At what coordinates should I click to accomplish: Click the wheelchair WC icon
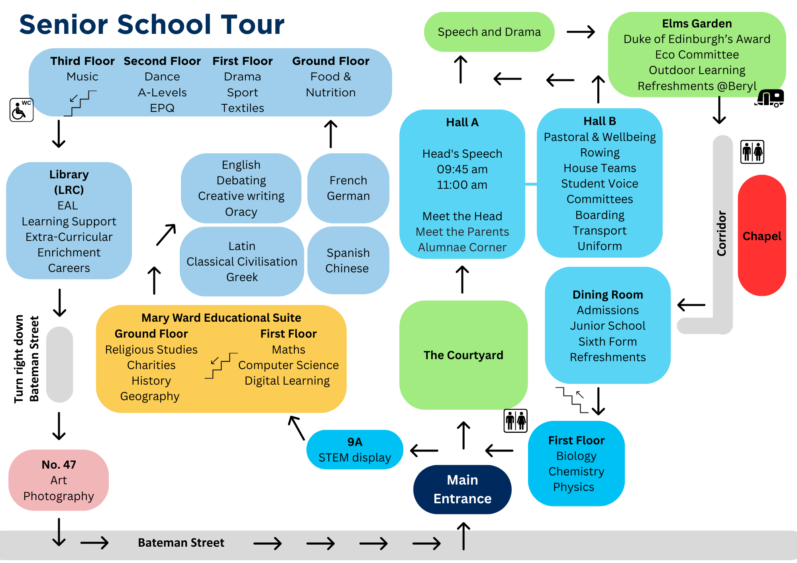[22, 110]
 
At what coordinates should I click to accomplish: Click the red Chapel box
[762, 236]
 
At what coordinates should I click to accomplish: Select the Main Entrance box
[462, 489]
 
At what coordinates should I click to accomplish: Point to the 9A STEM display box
[355, 450]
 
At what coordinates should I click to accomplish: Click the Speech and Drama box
[489, 32]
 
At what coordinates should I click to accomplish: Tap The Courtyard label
[463, 355]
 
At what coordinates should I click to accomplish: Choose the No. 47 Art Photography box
[59, 480]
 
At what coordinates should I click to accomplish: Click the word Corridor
[722, 233]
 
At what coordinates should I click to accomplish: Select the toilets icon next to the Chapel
[752, 152]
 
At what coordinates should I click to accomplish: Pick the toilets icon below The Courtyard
[515, 420]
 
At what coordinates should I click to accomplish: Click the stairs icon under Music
[80, 103]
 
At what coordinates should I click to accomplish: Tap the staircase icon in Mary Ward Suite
[221, 365]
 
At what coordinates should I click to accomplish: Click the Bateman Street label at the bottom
[181, 543]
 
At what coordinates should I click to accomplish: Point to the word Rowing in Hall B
[600, 152]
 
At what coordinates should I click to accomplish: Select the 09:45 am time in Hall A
[462, 169]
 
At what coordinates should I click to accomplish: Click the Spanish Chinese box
[348, 260]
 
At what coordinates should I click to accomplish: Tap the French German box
[348, 188]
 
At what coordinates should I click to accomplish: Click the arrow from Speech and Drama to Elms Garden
[581, 32]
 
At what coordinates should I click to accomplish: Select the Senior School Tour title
[152, 25]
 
